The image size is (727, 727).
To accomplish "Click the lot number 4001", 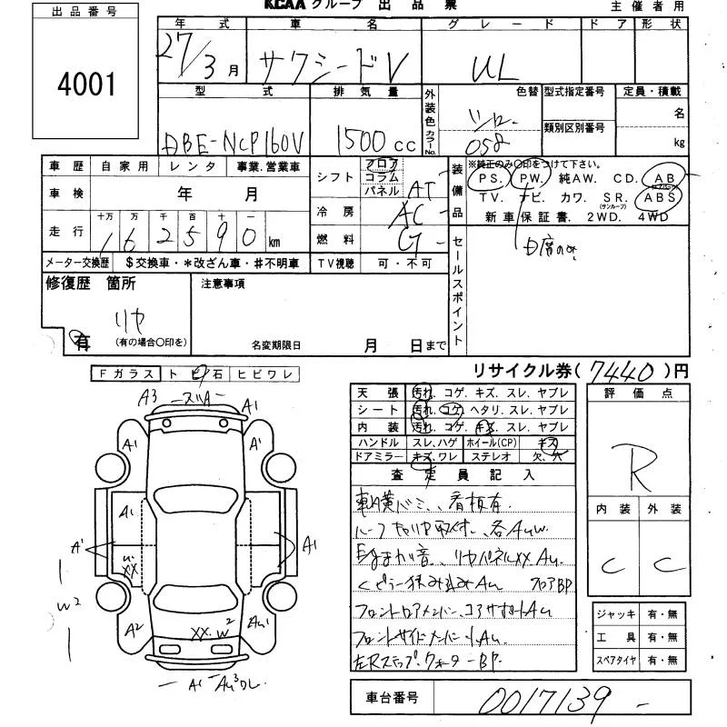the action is pyautogui.click(x=87, y=86).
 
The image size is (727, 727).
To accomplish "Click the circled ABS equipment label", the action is pyautogui.click(x=660, y=196).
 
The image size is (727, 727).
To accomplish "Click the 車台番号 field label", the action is pyautogui.click(x=393, y=698).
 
